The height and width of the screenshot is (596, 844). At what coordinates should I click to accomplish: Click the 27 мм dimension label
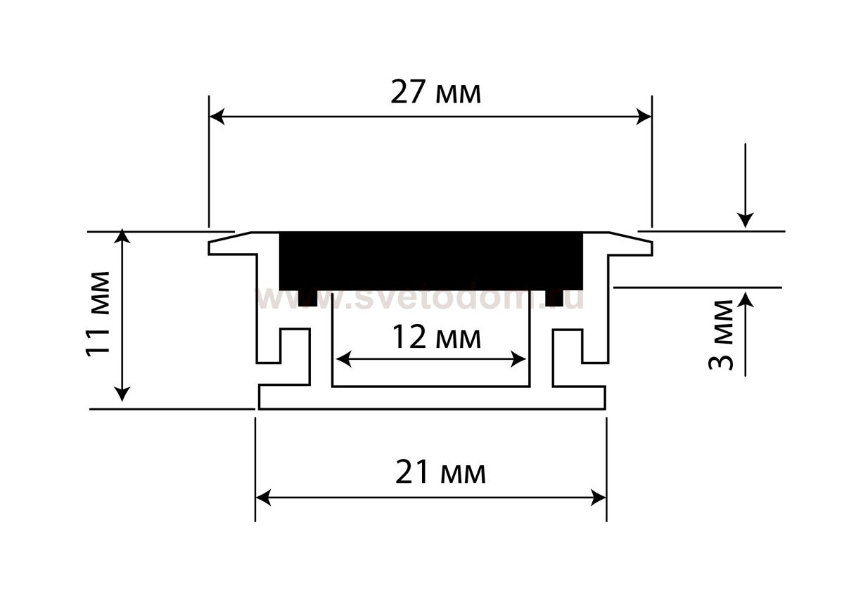[x=436, y=93]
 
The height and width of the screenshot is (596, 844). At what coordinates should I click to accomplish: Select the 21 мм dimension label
[x=440, y=473]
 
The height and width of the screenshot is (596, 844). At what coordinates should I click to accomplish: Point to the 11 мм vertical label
[x=98, y=313]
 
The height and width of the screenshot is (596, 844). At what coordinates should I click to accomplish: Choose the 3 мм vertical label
[x=722, y=335]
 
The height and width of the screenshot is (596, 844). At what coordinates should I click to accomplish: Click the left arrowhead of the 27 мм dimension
[x=217, y=117]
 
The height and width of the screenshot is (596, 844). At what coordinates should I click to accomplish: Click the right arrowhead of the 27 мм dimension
[x=644, y=117]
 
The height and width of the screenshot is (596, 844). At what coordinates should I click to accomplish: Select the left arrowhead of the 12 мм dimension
[x=343, y=360]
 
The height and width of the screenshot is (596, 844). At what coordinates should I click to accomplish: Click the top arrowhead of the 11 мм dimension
[x=123, y=236]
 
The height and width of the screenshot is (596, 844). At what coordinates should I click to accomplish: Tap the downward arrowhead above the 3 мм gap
[x=746, y=220]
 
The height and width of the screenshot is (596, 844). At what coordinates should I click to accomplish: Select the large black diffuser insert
[x=431, y=260]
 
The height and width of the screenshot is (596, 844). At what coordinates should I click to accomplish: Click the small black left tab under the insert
[x=307, y=298]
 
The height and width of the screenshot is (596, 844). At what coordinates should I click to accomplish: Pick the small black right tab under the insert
[x=554, y=298]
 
